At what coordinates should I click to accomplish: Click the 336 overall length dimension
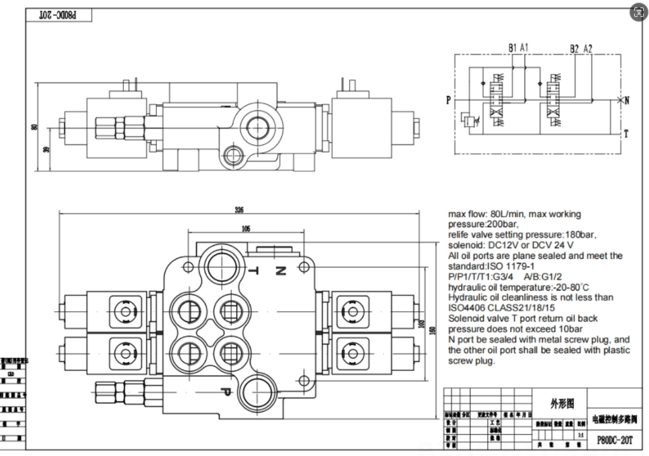[x=239, y=210]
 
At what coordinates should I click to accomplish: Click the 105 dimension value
[x=246, y=229]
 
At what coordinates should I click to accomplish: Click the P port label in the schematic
[x=448, y=100]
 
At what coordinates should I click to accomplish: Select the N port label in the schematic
[x=627, y=100]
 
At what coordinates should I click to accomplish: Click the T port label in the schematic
[x=627, y=134]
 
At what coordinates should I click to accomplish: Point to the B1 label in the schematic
[x=513, y=48]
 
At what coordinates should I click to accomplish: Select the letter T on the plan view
[x=253, y=271]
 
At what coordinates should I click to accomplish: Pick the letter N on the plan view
[x=280, y=271]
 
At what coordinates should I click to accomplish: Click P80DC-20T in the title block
[x=614, y=439]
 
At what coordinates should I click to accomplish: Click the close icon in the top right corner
[x=638, y=12]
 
